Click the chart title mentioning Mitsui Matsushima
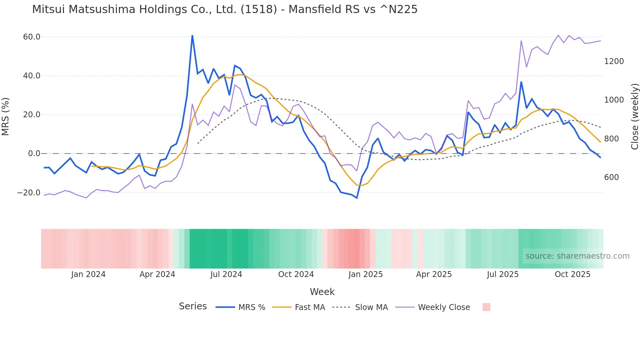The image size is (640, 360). pyautogui.click(x=225, y=9)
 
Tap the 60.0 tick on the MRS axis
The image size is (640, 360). pyautogui.click(x=32, y=37)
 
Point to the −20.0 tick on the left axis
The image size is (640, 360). pyautogui.click(x=29, y=193)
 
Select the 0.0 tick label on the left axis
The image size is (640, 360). pyautogui.click(x=34, y=154)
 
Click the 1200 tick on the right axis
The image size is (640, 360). pyautogui.click(x=614, y=61)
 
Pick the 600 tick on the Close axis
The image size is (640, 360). pyautogui.click(x=611, y=177)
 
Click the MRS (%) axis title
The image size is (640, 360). pyautogui.click(x=6, y=116)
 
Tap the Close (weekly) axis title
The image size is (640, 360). pyautogui.click(x=634, y=116)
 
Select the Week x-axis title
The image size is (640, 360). pyautogui.click(x=322, y=292)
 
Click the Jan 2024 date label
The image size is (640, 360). pyautogui.click(x=88, y=274)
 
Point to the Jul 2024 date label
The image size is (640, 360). pyautogui.click(x=226, y=274)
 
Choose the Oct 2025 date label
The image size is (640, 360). pyautogui.click(x=572, y=274)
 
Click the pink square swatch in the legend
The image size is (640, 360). pyautogui.click(x=486, y=307)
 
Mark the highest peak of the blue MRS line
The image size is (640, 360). pyautogui.click(x=192, y=36)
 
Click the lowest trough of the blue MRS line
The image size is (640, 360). pyautogui.click(x=357, y=198)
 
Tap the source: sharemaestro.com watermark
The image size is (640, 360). pyautogui.click(x=577, y=256)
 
